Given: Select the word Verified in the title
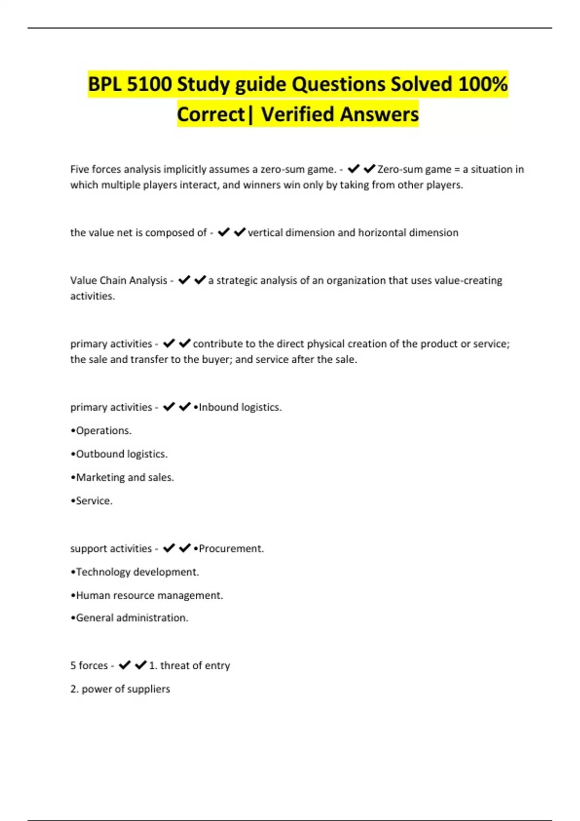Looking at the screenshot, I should (297, 114).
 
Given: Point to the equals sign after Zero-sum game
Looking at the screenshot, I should (457, 170).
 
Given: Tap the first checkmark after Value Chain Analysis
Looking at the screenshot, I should (184, 280).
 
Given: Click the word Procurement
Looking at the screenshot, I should (231, 549).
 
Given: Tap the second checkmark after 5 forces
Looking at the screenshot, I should (141, 665).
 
